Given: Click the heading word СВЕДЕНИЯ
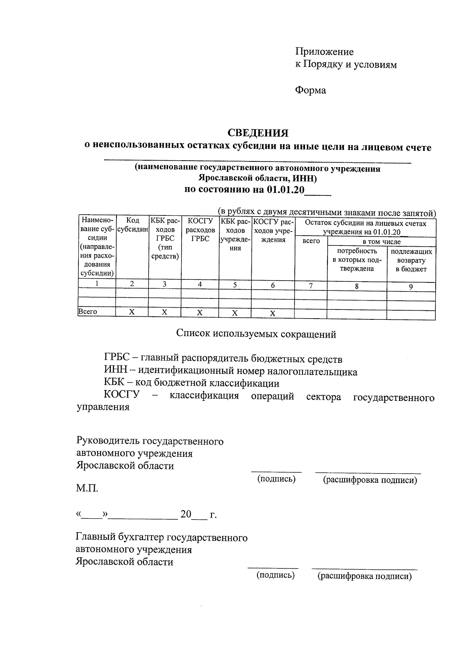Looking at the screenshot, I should [x=258, y=133].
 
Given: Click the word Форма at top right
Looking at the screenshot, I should [x=310, y=91].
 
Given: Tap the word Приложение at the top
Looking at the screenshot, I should [x=324, y=52].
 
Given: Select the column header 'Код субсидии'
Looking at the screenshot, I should [x=132, y=225].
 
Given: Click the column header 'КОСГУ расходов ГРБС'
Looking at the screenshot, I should [x=200, y=230].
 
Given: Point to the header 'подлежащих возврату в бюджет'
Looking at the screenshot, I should [x=411, y=260].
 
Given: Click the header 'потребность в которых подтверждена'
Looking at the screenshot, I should [x=356, y=260].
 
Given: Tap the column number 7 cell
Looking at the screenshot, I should [x=311, y=286].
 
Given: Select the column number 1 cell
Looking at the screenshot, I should [x=97, y=284].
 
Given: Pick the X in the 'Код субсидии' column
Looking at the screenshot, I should [x=132, y=312].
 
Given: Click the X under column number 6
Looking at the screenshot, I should [x=273, y=313].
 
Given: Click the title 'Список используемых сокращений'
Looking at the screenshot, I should [x=256, y=334].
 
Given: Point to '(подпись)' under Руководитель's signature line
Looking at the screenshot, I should [x=276, y=479].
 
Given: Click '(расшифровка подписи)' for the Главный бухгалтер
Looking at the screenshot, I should [x=364, y=576].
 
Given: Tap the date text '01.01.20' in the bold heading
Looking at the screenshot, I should [x=285, y=190].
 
